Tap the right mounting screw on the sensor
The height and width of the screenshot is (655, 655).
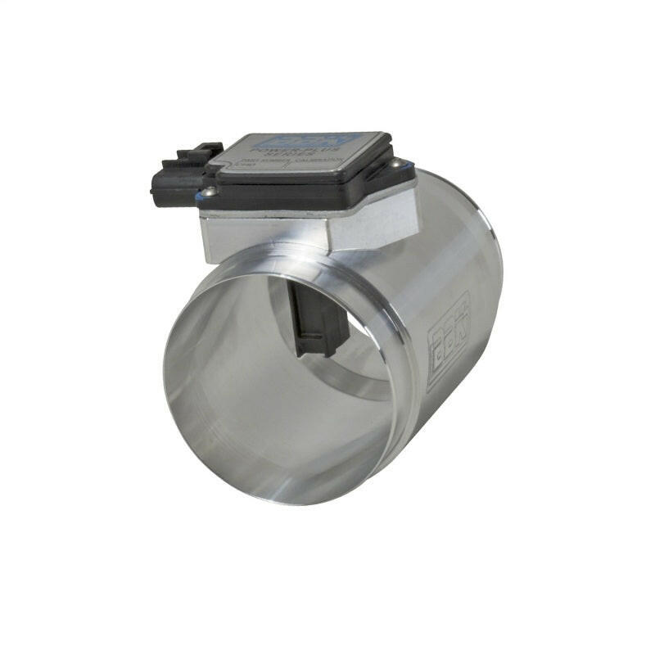(397, 164)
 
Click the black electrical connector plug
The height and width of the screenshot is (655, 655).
(176, 176)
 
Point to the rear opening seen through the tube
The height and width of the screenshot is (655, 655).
(360, 360)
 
